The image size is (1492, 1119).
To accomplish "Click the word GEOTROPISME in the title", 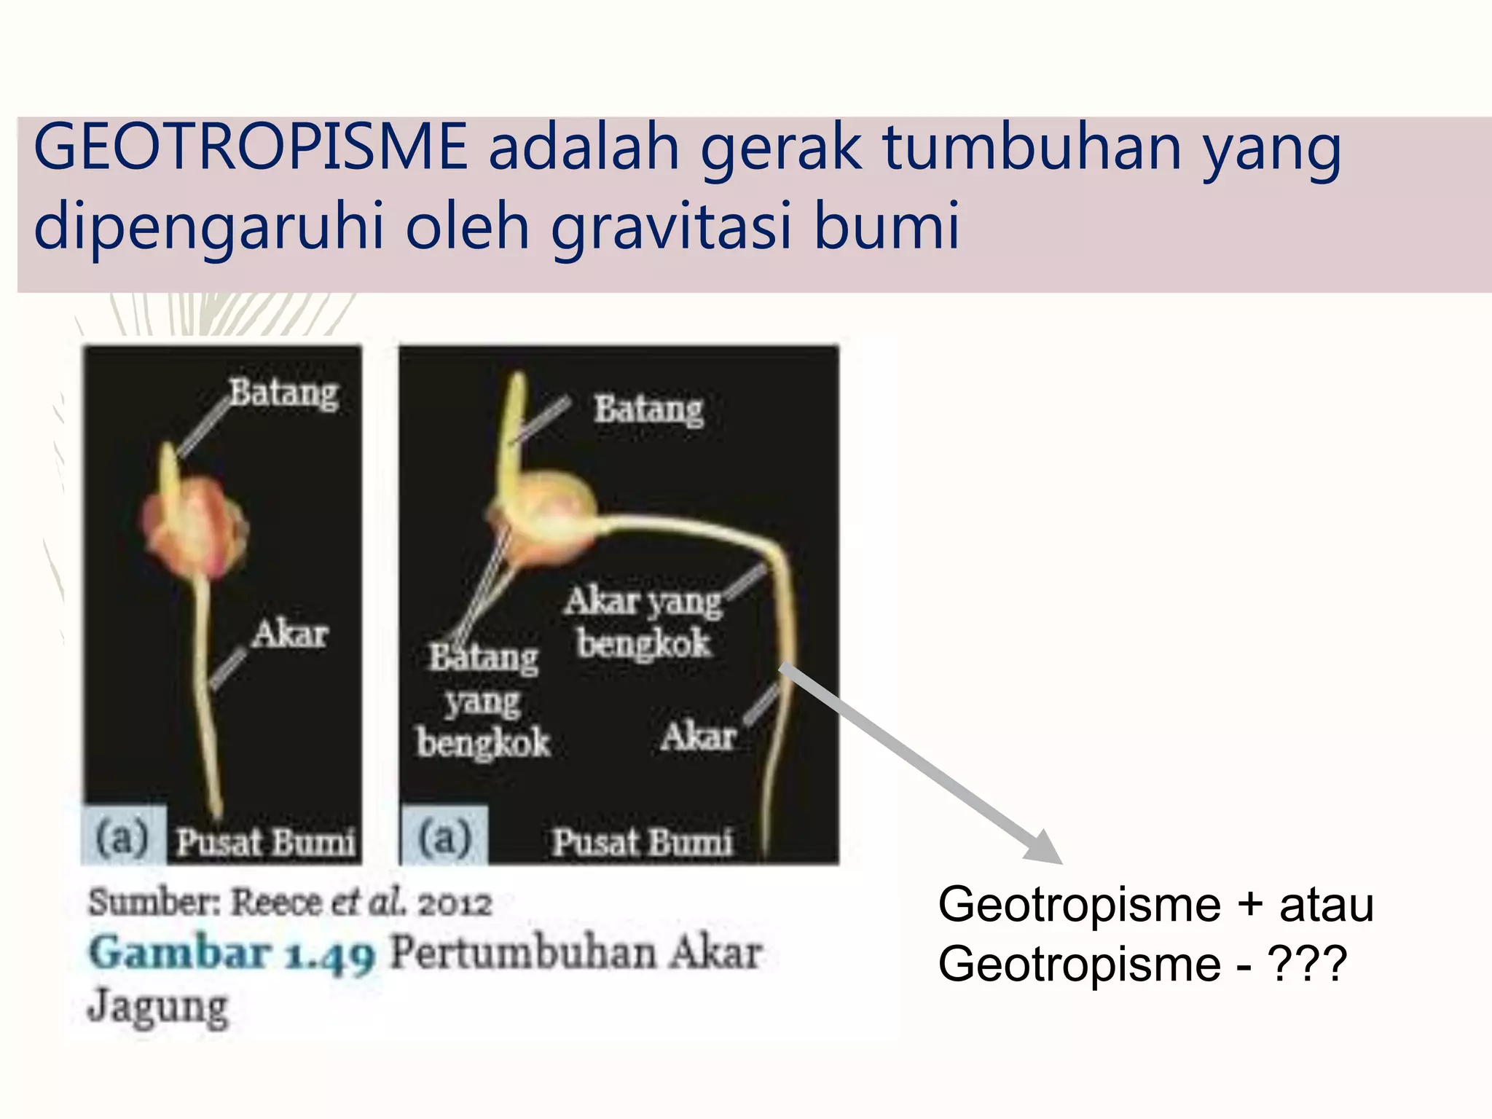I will tap(250, 148).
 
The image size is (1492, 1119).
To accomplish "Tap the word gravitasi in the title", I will tap(671, 227).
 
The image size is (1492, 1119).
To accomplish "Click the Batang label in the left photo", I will tap(284, 393).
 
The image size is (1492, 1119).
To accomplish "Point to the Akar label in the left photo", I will tap(290, 635).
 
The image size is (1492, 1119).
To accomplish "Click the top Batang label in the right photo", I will tap(648, 409).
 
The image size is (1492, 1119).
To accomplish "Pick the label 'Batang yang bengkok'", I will tap(483, 700).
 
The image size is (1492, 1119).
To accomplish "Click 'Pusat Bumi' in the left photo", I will tap(266, 843).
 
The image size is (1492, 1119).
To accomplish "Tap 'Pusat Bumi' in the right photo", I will tap(641, 843).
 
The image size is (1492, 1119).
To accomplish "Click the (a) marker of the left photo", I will tap(122, 837).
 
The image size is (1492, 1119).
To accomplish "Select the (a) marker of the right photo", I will tap(444, 837).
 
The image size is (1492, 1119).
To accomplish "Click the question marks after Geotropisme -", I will tap(1308, 964).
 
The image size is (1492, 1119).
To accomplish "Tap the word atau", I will tap(1327, 906).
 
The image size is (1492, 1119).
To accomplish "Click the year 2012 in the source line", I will tap(455, 904).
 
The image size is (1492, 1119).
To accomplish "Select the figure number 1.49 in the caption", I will tap(330, 955).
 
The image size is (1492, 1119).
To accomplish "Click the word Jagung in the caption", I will tap(158, 1008).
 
